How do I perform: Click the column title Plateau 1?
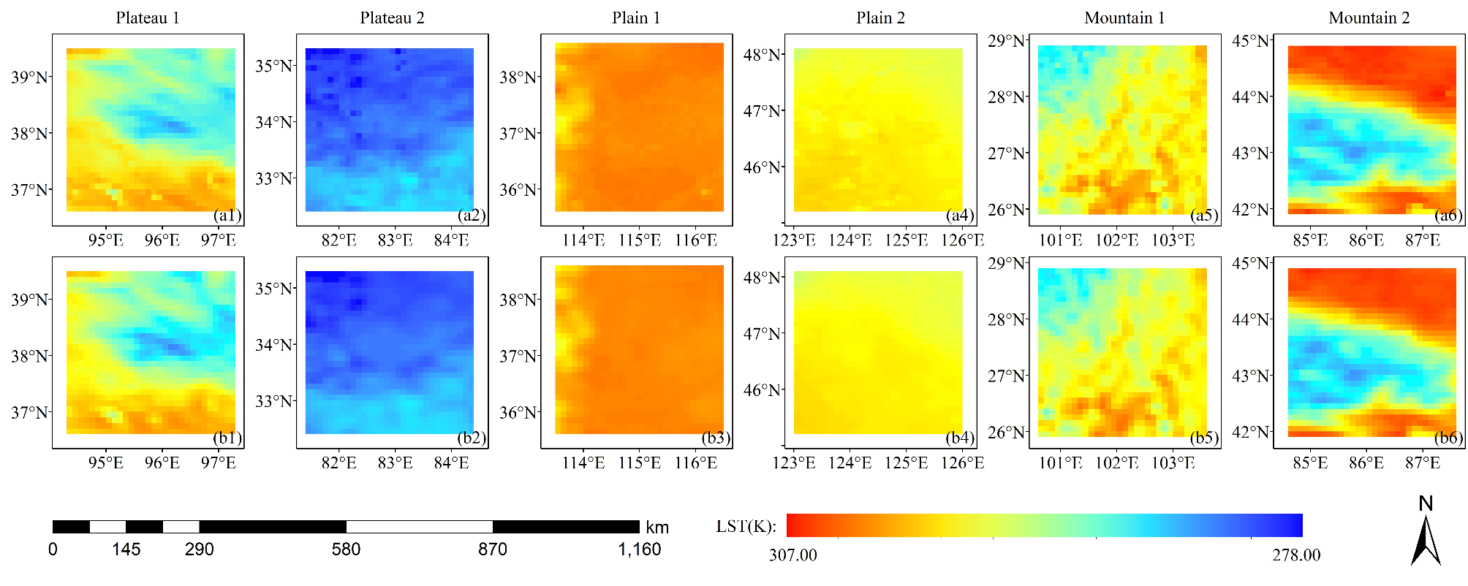(147, 18)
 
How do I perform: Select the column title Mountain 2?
(1369, 18)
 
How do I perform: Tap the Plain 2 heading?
(880, 18)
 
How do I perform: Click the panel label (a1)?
(227, 215)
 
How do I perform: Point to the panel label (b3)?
(716, 438)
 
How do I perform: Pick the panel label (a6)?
(1448, 215)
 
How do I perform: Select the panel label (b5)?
(1204, 438)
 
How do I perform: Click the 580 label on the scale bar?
(346, 549)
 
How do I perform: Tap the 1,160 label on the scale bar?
(639, 549)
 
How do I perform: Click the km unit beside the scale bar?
(657, 528)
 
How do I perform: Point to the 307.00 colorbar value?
(792, 555)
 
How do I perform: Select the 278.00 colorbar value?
(1296, 555)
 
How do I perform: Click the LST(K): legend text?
(746, 527)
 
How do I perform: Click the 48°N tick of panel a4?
(762, 55)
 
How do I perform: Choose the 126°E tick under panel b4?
(962, 463)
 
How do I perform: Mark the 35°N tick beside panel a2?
(273, 66)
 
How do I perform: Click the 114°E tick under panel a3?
(583, 240)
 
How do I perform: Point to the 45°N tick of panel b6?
(1250, 263)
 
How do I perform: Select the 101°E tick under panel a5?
(1060, 240)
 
